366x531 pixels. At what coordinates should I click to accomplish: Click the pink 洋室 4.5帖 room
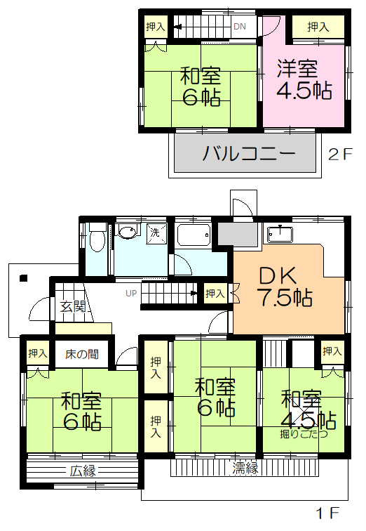coord(303,81)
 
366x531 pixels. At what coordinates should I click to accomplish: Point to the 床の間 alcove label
coord(82,355)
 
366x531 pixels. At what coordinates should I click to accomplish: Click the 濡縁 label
coord(246,467)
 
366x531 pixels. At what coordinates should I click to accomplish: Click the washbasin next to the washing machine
coord(126,232)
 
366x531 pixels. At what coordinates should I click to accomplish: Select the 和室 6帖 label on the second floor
coord(201,85)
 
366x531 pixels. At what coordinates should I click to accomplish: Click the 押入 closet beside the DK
coord(215,294)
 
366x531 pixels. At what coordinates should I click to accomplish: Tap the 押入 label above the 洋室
coord(318,27)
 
